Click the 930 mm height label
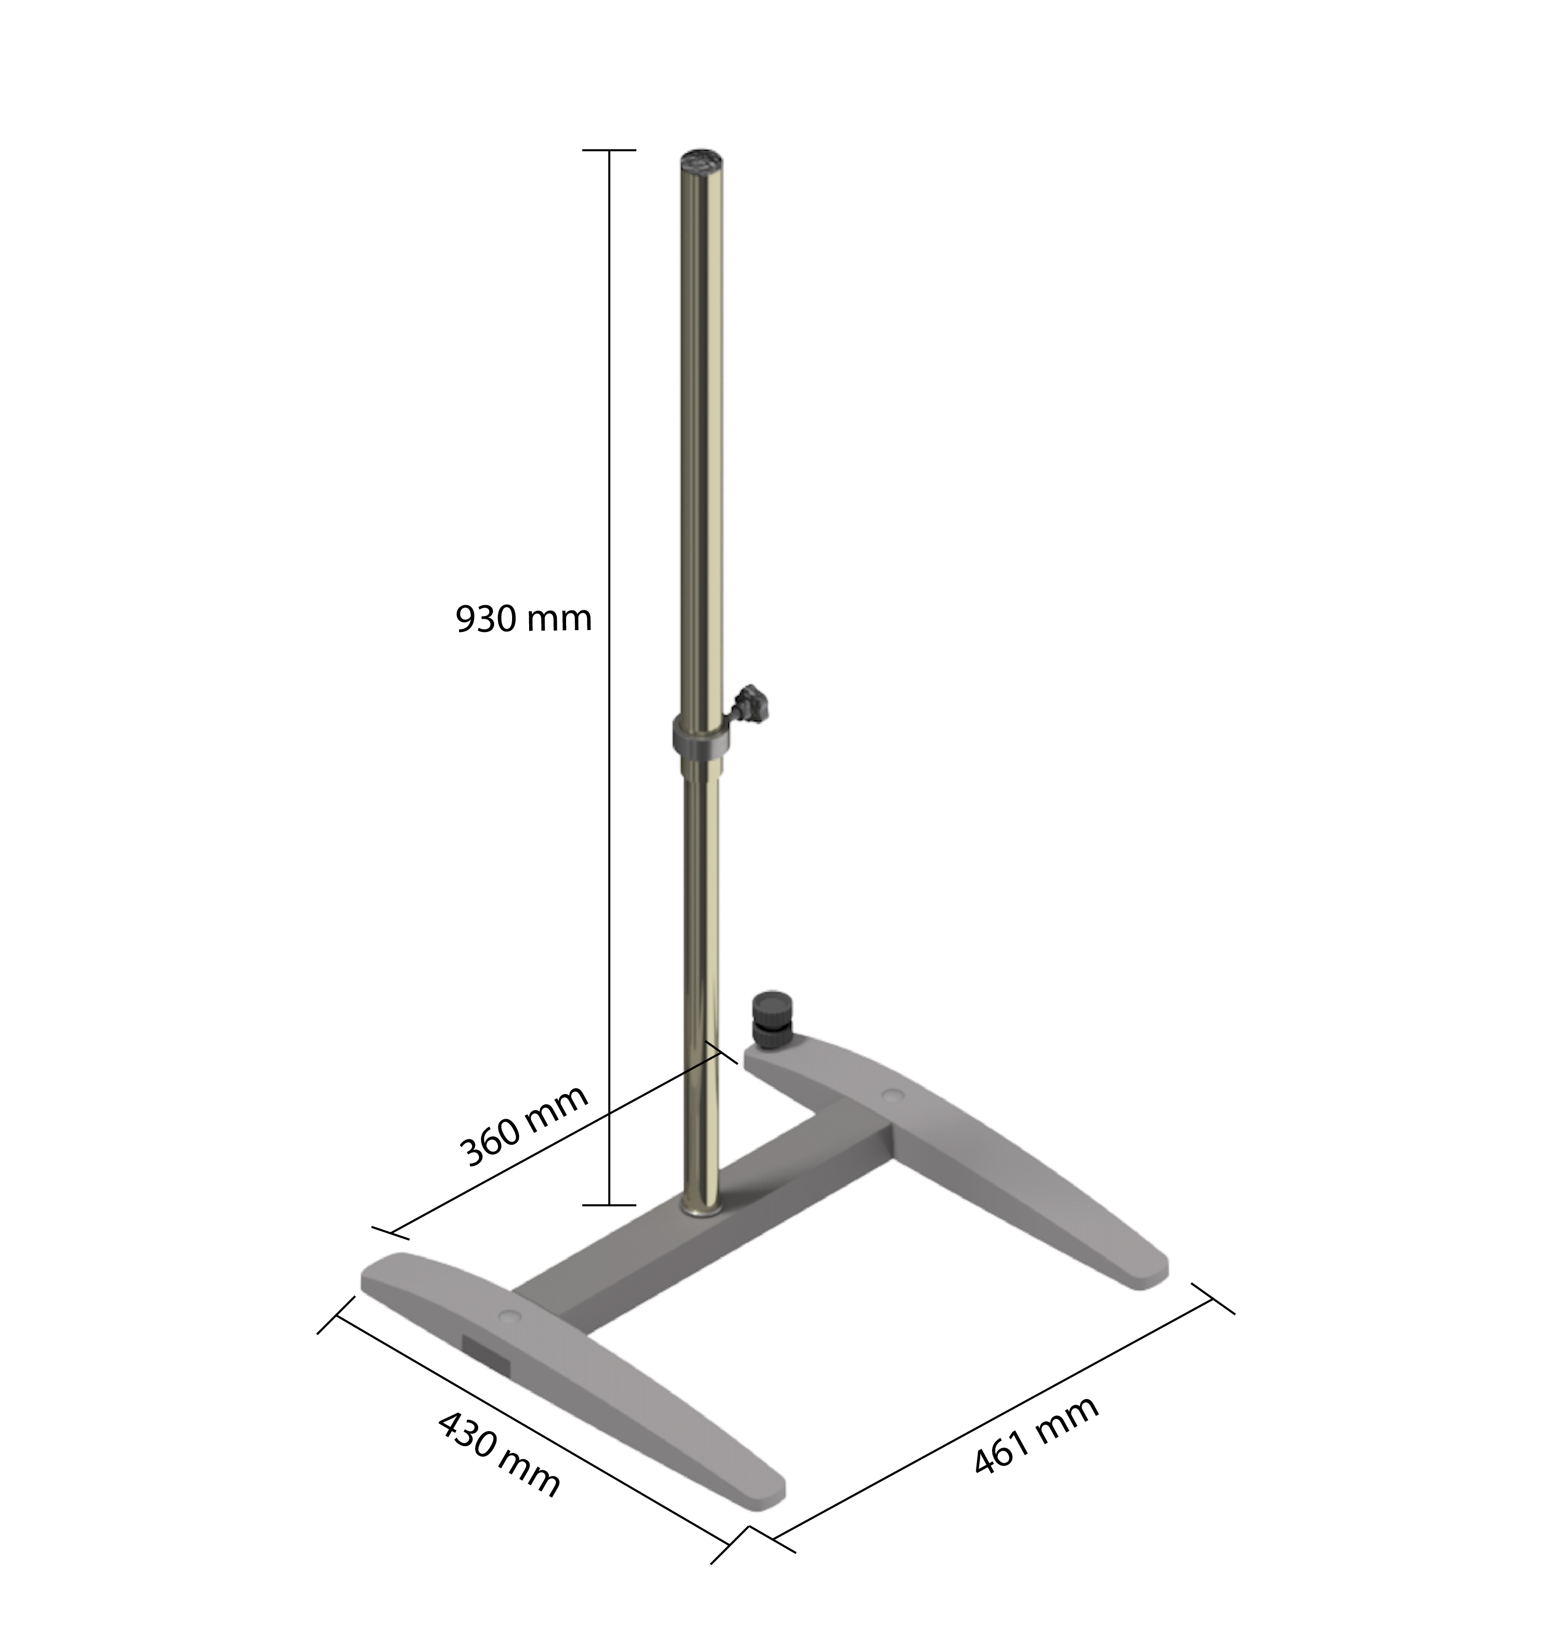coord(524,619)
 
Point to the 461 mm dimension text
coord(1036,1434)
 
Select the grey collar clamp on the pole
coord(701,736)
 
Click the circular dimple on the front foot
coord(510,1316)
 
